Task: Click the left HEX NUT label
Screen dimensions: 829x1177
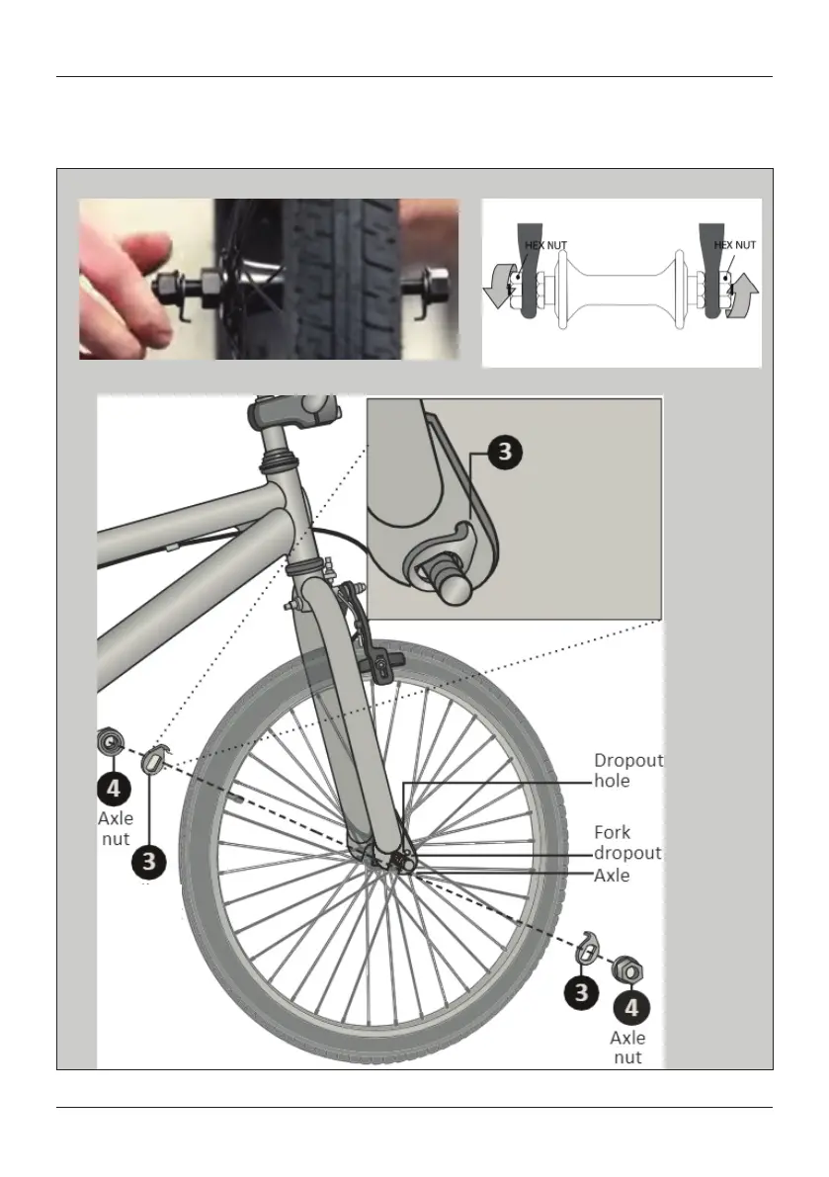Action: coord(545,245)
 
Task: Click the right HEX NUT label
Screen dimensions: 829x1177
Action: coord(734,245)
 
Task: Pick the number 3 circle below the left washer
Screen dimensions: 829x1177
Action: coord(148,861)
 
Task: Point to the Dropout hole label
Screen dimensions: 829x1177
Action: coord(627,770)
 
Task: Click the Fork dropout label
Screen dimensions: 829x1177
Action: coord(626,842)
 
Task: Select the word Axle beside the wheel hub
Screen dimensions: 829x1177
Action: coord(614,875)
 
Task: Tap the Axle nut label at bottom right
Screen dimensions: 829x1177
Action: coord(627,1048)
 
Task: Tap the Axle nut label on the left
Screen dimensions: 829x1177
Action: coord(115,829)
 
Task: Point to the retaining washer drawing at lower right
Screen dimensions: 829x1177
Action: coord(588,946)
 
